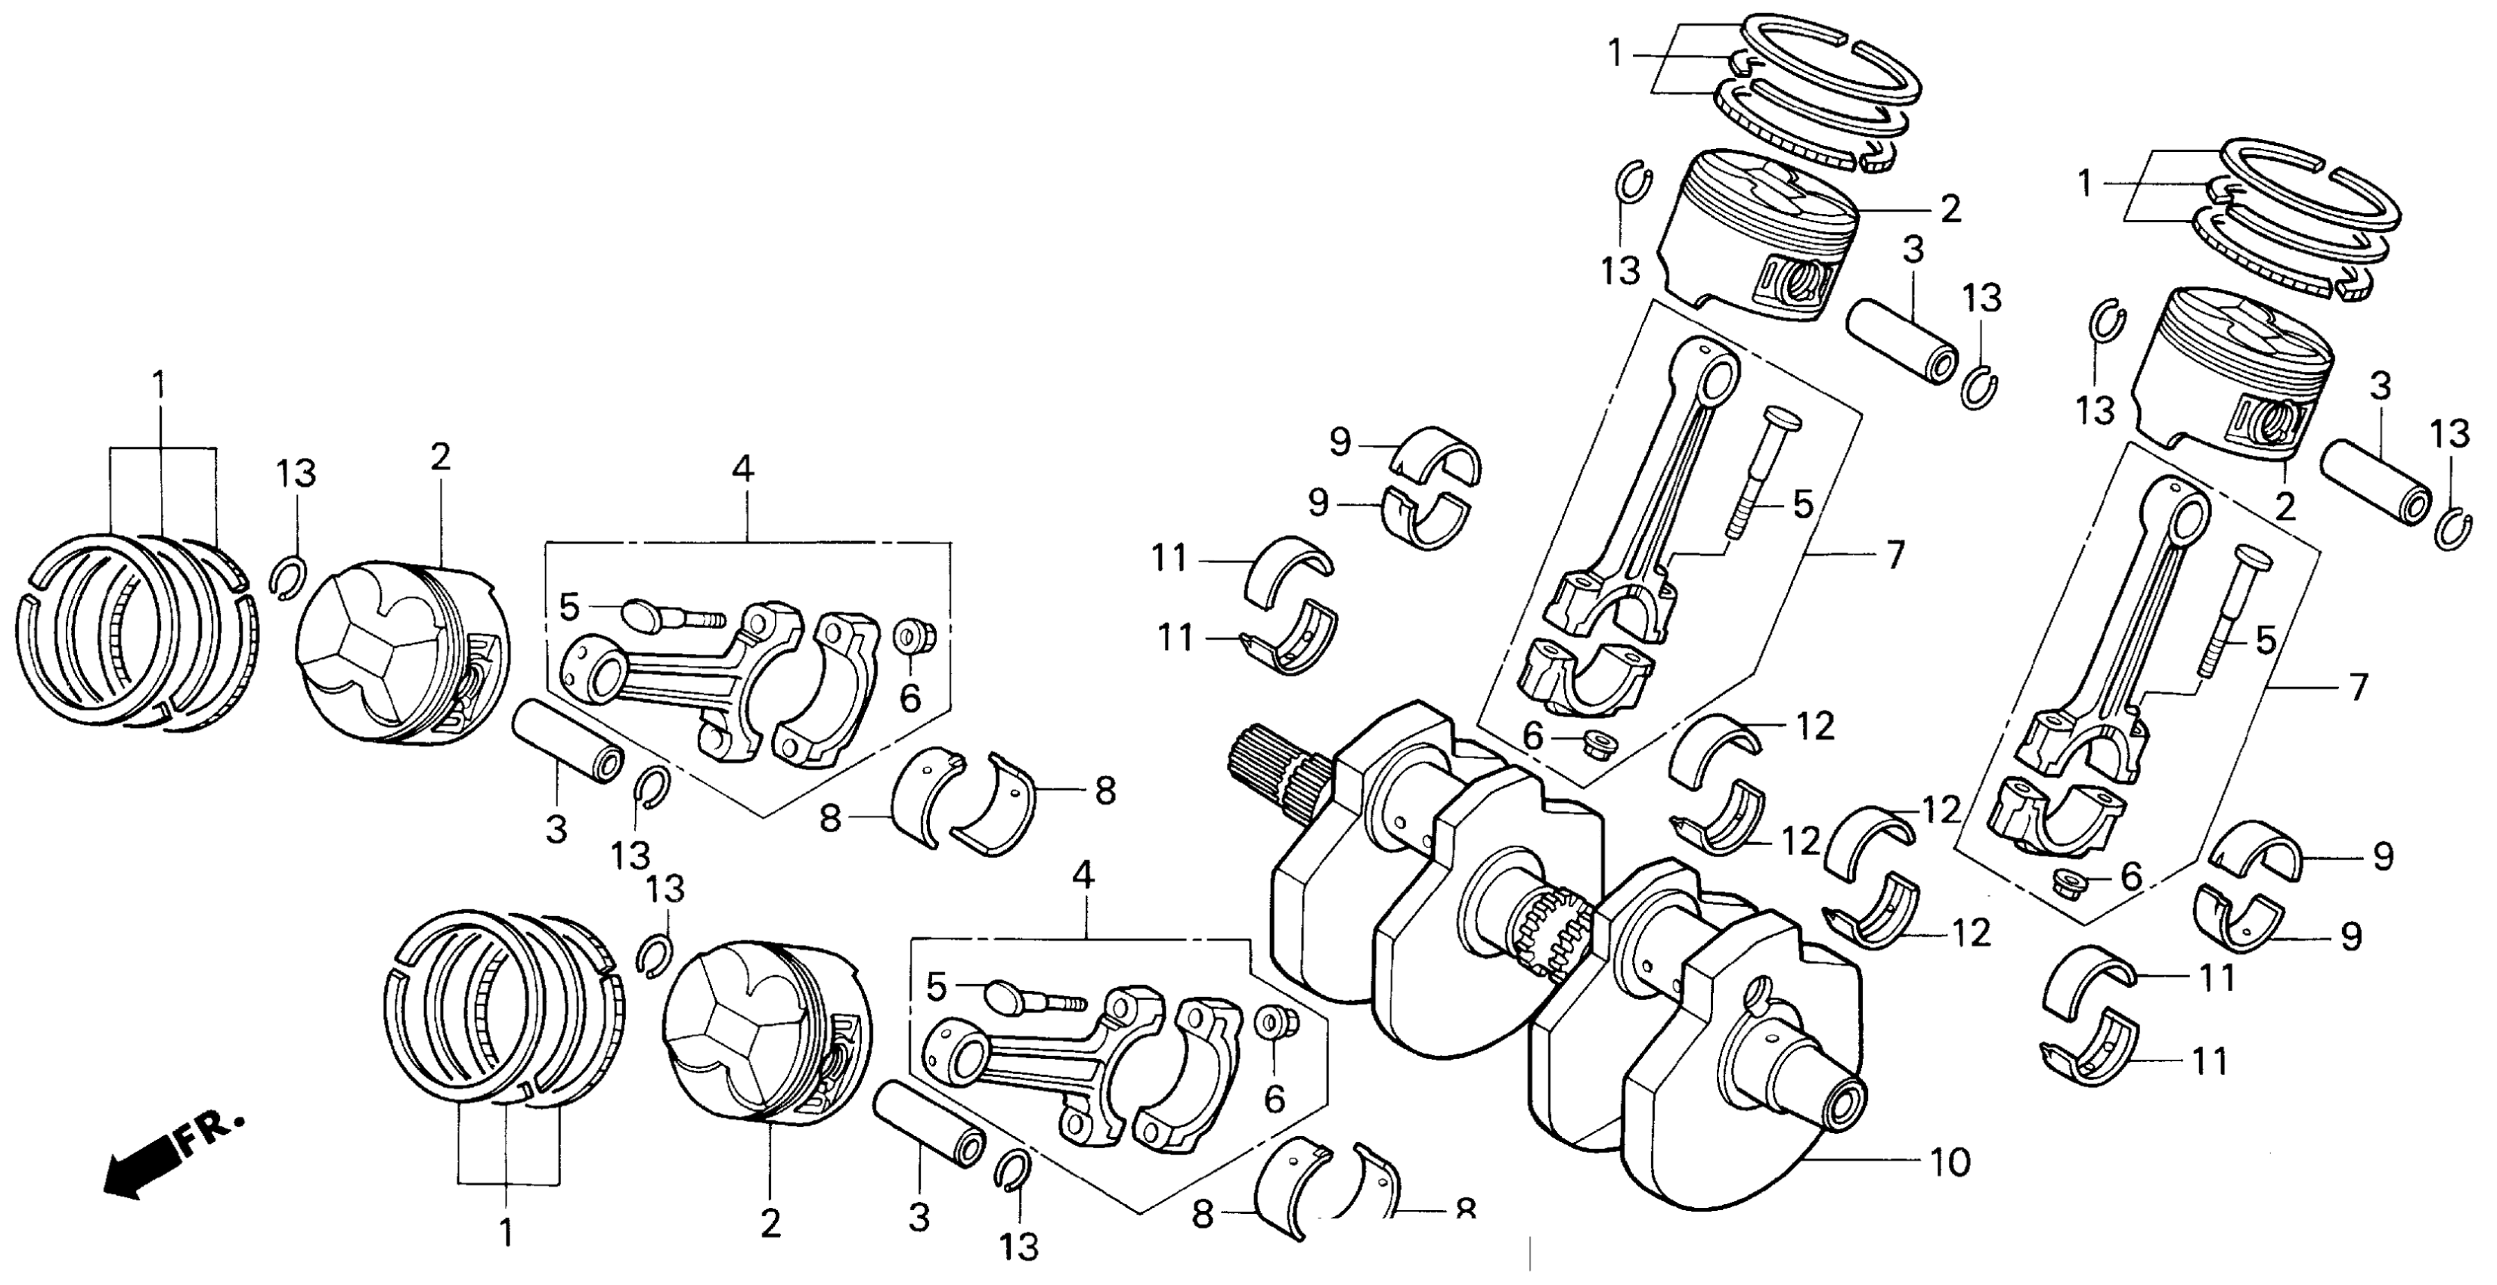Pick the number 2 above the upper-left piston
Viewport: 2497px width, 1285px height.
(441, 458)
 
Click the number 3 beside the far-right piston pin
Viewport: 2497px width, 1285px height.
(2381, 388)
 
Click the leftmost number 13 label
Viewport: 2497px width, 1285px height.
(296, 474)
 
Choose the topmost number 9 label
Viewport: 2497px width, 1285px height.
(1340, 443)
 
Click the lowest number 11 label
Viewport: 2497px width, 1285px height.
(2210, 1062)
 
